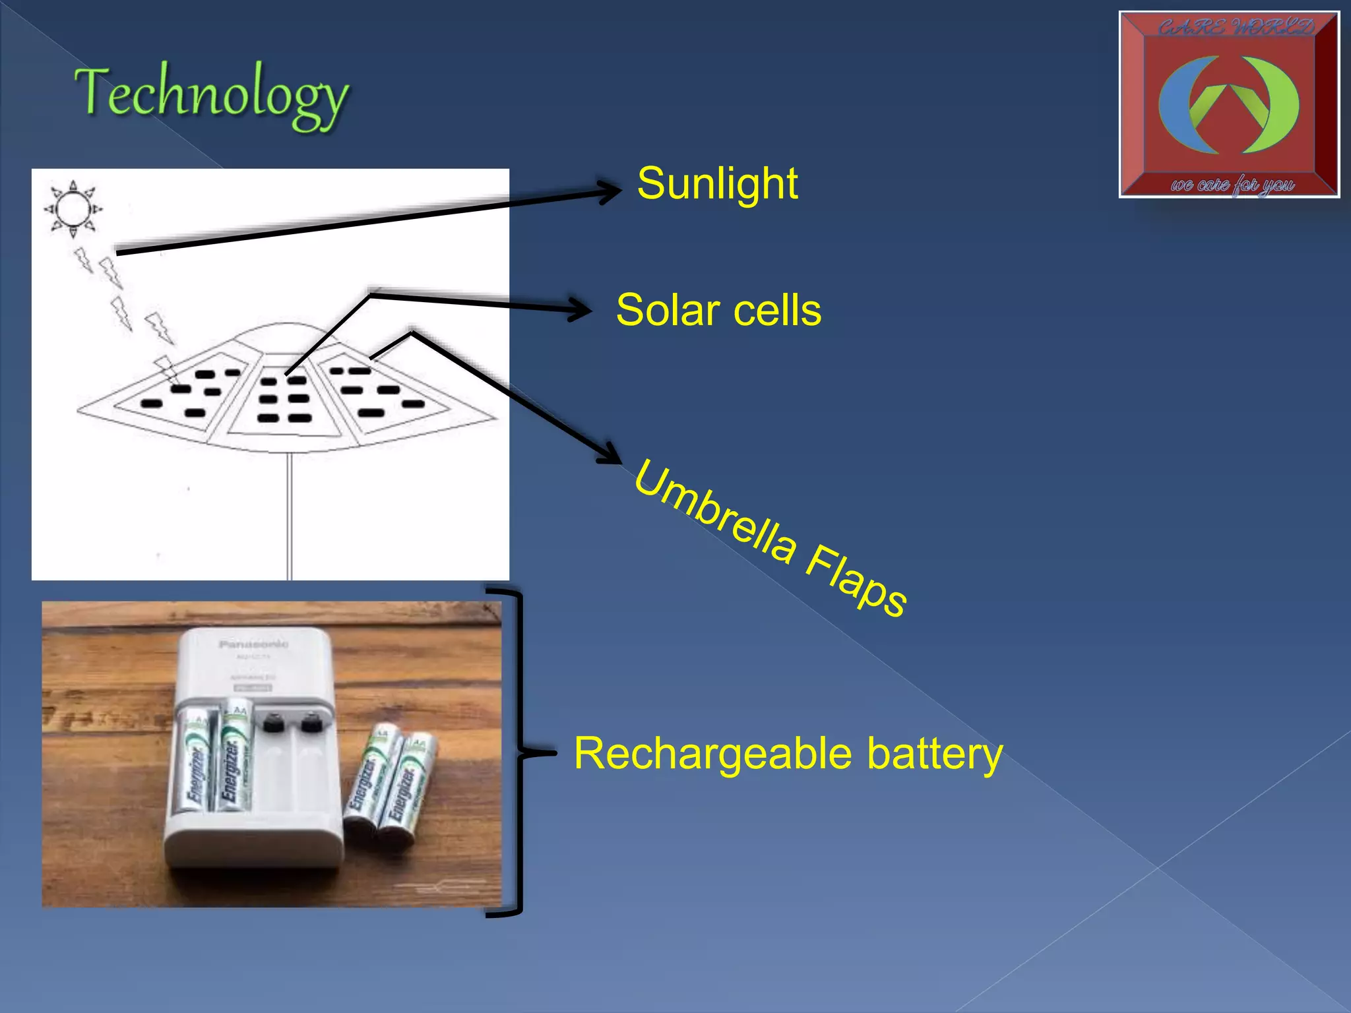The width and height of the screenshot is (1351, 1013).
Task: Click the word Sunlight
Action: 717,183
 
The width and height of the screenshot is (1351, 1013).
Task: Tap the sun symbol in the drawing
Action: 73,209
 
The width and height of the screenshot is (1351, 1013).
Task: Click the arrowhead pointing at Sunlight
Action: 610,192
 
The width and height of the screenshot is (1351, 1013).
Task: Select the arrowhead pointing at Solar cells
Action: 581,309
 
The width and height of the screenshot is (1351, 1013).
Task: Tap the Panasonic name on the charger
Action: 253,644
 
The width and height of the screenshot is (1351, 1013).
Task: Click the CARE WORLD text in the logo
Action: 1236,28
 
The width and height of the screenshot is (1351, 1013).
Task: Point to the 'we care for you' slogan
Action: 1232,184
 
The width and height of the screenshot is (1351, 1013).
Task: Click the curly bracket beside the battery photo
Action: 521,752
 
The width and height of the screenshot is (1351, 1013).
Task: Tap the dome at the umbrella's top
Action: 285,332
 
